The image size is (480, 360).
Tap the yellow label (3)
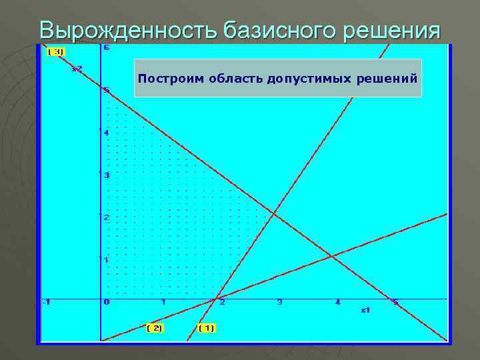coord(56,51)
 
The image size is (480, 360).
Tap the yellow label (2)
coord(155,328)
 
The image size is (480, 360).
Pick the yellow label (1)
coord(207,328)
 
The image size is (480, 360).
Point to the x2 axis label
coord(77,69)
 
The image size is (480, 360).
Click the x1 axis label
coord(365,310)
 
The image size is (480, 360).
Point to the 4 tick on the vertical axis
coord(106,132)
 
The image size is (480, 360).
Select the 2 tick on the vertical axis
coord(106,217)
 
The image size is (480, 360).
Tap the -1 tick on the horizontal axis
coord(45,303)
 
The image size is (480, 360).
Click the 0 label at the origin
coord(107,303)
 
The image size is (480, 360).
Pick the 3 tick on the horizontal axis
coord(279,303)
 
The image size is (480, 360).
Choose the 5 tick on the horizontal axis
coord(395,303)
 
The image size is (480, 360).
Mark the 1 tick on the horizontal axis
coord(163,303)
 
